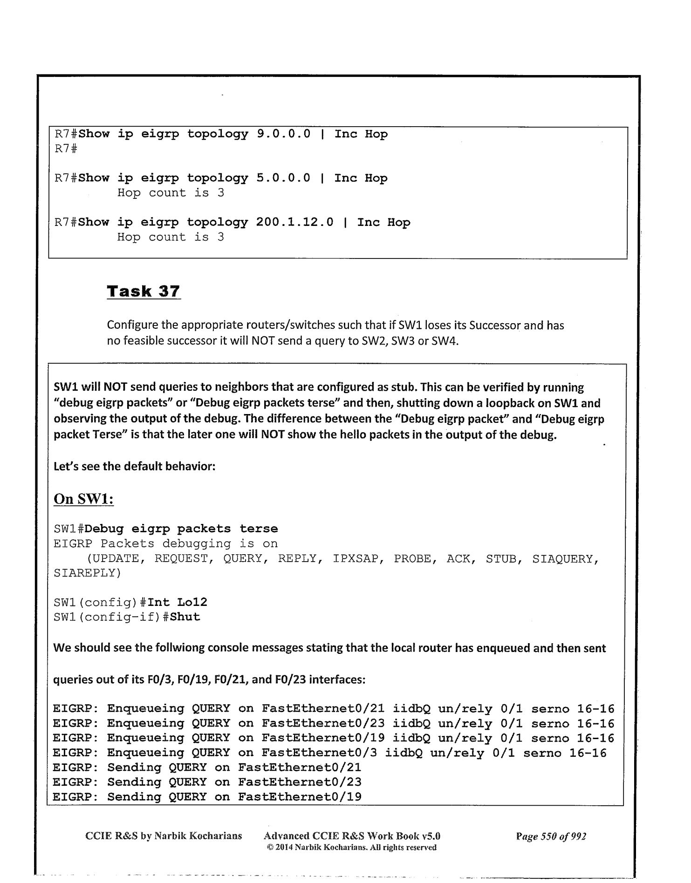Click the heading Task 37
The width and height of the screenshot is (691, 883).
tap(143, 291)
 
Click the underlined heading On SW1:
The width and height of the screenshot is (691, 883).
tap(84, 499)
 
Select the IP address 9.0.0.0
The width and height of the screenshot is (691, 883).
tap(283, 134)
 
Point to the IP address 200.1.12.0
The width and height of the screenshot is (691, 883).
tap(294, 222)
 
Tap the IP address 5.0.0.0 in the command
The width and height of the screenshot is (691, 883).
tap(283, 178)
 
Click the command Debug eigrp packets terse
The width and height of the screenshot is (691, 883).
tap(181, 529)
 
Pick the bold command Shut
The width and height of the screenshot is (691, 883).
tap(185, 617)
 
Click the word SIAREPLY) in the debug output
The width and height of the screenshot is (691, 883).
tap(87, 573)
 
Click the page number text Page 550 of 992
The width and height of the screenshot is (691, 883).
tap(551, 836)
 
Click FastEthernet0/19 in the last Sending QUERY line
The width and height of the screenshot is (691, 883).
tap(300, 797)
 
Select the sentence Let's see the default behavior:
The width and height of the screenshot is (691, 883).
tap(135, 466)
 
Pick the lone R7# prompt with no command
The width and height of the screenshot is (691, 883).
tap(66, 149)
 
